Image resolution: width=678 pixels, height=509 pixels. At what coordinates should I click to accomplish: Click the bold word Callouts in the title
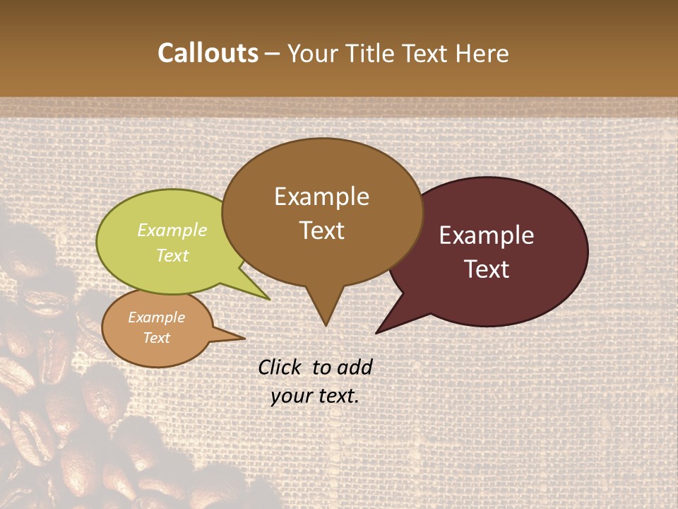click(208, 53)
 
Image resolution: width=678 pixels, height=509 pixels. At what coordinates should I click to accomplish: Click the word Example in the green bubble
click(172, 230)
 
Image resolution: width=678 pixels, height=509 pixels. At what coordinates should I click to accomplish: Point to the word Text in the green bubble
click(172, 255)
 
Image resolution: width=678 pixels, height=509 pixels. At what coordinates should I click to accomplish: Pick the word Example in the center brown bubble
click(321, 197)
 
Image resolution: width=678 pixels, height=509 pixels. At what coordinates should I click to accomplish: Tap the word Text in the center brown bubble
click(321, 230)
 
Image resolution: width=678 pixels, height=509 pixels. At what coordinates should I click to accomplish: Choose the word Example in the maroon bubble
click(487, 235)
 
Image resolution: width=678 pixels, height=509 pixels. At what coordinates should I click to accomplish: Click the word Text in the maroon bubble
click(487, 269)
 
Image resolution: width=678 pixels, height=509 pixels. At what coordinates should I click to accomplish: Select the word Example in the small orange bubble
click(156, 317)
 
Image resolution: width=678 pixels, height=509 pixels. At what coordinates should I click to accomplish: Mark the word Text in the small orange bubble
click(156, 338)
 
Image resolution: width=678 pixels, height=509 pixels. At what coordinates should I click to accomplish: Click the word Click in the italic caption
click(281, 367)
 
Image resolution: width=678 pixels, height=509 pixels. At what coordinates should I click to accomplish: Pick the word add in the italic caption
click(355, 367)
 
